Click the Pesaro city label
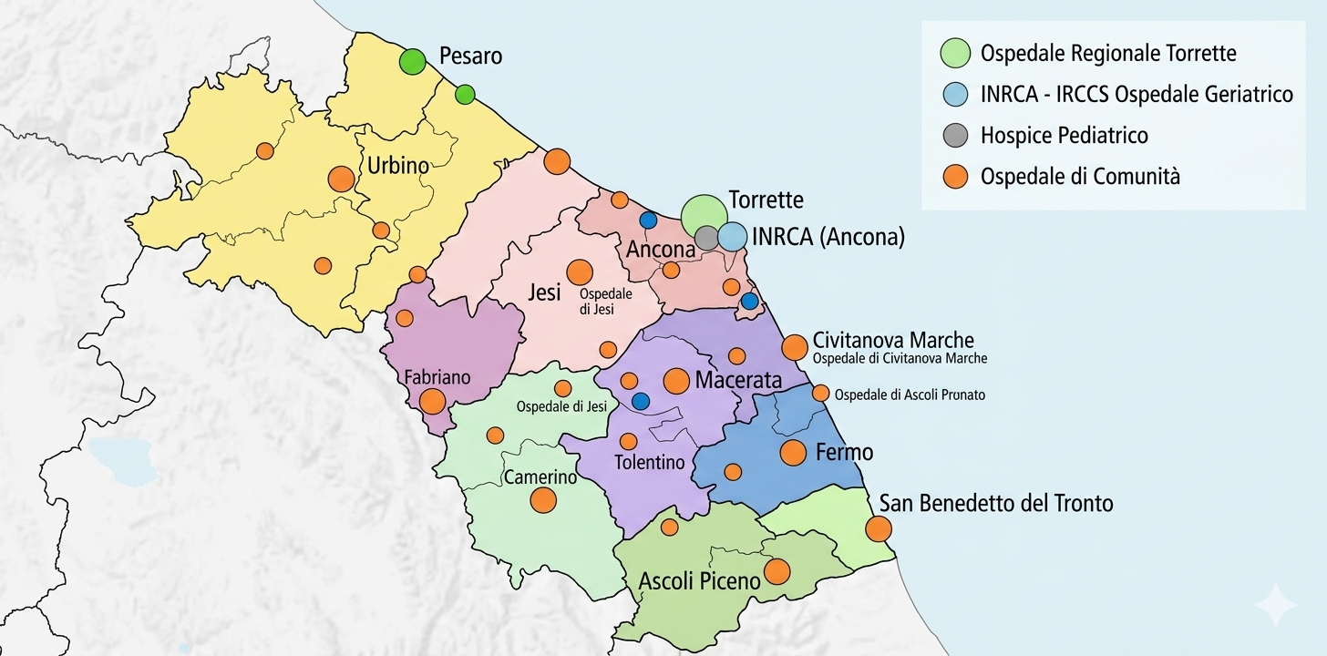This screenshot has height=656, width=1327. tap(470, 56)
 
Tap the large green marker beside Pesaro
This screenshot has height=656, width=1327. tap(413, 62)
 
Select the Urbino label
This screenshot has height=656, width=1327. tap(397, 166)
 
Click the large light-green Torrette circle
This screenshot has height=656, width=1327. tap(704, 217)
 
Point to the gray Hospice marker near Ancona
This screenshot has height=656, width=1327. tap(707, 238)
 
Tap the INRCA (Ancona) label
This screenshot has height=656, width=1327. tap(828, 238)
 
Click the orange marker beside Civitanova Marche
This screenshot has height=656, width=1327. tap(795, 347)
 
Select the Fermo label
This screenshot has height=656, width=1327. tap(844, 452)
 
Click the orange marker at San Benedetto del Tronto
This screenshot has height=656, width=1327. tap(878, 528)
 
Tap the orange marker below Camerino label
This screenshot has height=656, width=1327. tap(543, 499)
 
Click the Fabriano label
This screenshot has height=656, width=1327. tap(437, 376)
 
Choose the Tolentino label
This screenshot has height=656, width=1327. tap(649, 463)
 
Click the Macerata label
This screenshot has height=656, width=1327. tap(738, 381)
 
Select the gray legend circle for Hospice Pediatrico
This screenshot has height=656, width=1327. tap(954, 136)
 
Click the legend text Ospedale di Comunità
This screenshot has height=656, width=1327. tap(1080, 177)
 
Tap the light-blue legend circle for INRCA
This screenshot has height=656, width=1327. tap(954, 94)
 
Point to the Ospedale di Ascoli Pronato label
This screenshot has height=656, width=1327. tap(910, 395)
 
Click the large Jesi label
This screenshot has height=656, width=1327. tap(544, 293)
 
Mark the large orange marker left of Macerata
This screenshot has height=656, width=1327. tap(676, 381)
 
